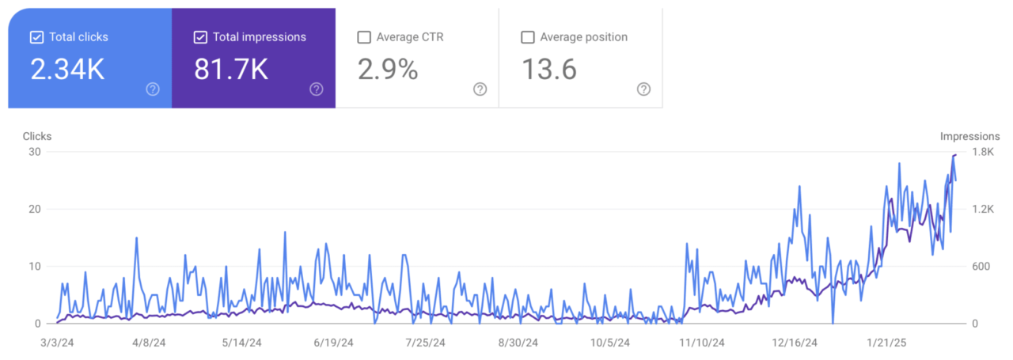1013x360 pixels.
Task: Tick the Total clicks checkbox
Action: (x=36, y=37)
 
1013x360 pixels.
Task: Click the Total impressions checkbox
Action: (x=200, y=37)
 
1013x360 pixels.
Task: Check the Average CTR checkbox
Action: (x=364, y=37)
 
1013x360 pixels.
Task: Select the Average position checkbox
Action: (x=528, y=37)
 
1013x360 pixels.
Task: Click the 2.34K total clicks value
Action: (x=67, y=70)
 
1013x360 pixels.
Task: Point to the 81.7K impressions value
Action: (x=231, y=70)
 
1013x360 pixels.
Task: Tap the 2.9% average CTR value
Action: (x=388, y=70)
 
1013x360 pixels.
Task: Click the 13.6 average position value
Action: (x=548, y=70)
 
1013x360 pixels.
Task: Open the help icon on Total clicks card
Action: (x=153, y=89)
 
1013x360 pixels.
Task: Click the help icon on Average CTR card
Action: (x=480, y=89)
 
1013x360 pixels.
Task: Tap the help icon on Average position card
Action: (x=643, y=89)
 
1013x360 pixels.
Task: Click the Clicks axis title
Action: (x=37, y=136)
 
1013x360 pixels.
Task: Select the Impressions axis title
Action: (x=969, y=136)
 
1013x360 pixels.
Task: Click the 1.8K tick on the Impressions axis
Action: (x=983, y=152)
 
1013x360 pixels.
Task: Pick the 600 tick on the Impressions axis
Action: (x=981, y=267)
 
